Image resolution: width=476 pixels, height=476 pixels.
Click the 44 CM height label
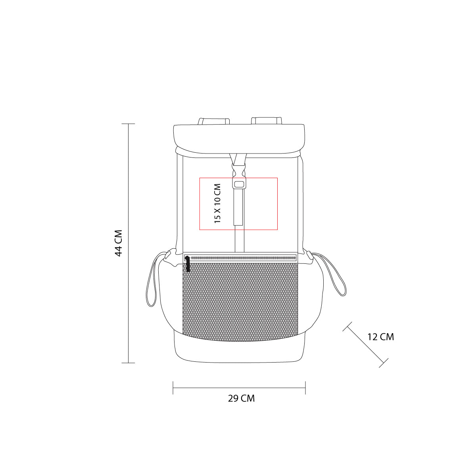pos(119,243)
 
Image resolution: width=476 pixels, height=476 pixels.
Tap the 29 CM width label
pos(241,398)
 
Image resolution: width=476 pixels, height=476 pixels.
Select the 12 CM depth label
pos(381,337)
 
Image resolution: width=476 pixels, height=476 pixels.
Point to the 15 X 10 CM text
pos(217,203)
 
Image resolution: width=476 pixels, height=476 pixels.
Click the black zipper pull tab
pos(188,264)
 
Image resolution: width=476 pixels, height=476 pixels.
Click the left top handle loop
pos(214,121)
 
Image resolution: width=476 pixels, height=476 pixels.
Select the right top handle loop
pos(267,121)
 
